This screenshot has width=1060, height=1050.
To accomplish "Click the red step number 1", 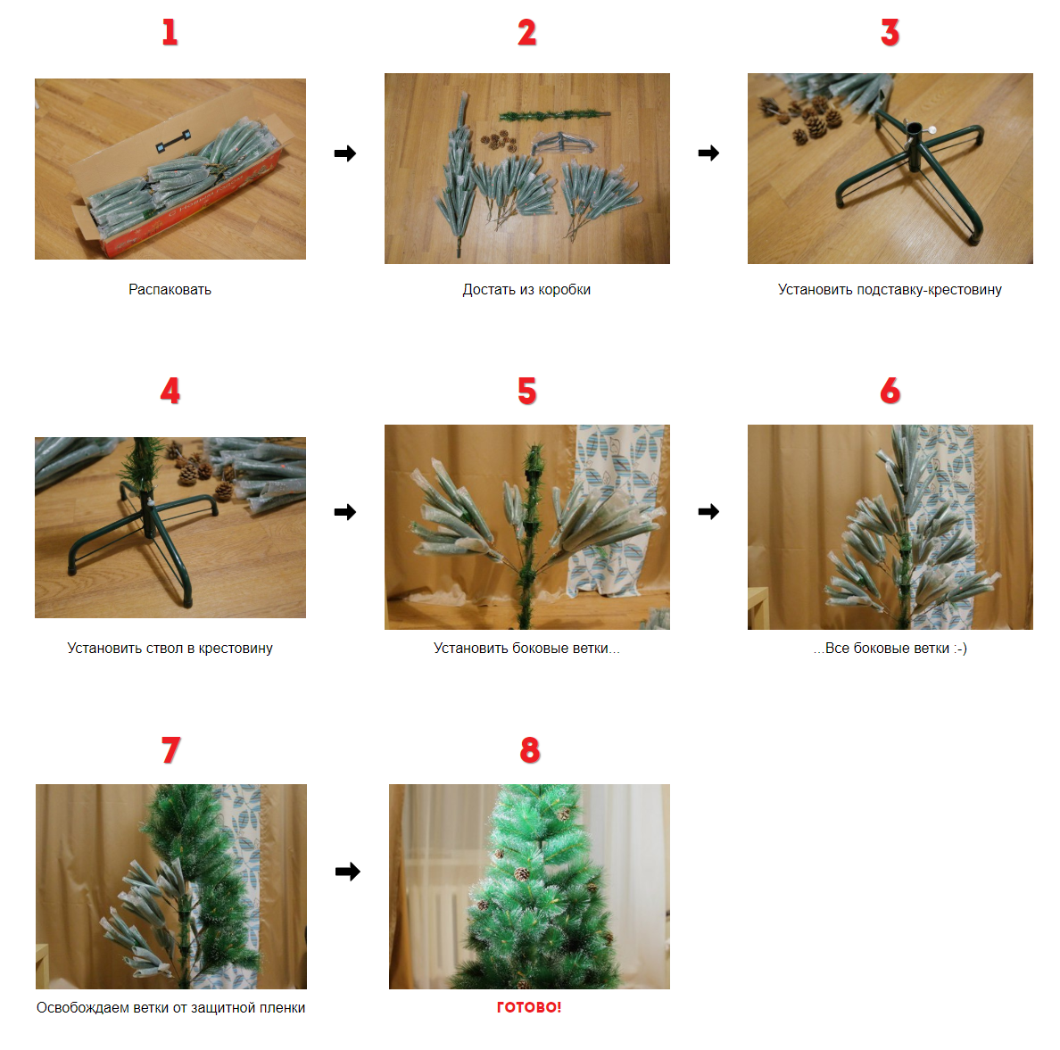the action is coord(170,32).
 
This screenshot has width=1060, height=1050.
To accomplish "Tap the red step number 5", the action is coord(527,391).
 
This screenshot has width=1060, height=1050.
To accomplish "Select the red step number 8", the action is coord(530,749).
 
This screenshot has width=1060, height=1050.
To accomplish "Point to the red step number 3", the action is coord(890,32).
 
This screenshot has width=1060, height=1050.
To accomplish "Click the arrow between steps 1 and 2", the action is coord(344,153).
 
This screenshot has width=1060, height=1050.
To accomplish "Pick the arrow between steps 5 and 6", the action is coord(708,512).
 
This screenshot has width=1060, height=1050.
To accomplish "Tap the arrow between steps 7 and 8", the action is coord(347,872).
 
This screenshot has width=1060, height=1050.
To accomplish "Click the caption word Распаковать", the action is coord(170,289).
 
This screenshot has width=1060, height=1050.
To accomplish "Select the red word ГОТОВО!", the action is coord(529,1006).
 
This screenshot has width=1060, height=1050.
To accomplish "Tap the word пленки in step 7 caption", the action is coord(282,1007).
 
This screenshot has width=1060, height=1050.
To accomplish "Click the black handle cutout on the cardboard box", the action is coord(172,141).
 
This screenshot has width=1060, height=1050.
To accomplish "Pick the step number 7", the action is coord(171,749).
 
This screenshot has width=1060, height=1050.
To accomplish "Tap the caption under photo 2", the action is coord(526,289).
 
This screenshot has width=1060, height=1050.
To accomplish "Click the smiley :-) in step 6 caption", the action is coord(960,648).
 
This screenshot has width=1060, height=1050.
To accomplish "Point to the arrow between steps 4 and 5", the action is coord(344,512).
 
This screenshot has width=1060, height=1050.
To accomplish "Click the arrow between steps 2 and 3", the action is coord(708,153).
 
